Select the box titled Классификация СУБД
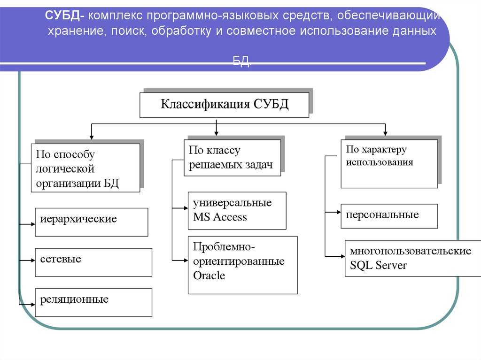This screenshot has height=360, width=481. tap(224, 105)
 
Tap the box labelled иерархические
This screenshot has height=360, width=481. tap(92, 222)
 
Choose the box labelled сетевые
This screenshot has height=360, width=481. tap(93, 262)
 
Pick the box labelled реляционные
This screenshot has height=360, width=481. tap(93, 303)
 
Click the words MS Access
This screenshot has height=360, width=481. tap(220, 217)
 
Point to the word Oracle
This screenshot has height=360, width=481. tap(209, 276)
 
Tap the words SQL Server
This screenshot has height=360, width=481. tap(378, 265)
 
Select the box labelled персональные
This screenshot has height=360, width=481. tap(389, 216)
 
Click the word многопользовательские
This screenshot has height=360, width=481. tap(411, 251)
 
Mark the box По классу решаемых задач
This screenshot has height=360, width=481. tap(232, 158)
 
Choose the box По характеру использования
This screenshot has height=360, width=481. tap(389, 164)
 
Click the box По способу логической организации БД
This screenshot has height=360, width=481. tap(85, 168)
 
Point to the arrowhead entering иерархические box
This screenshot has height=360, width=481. tap(33, 224)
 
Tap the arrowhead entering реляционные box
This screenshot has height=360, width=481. tap(33, 305)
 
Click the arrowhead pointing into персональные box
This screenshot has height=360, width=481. tap(339, 212)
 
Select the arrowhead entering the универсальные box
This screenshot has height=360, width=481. tap(186, 208)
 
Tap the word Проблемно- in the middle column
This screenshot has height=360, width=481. tap(224, 246)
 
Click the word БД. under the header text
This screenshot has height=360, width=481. tap(241, 61)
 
